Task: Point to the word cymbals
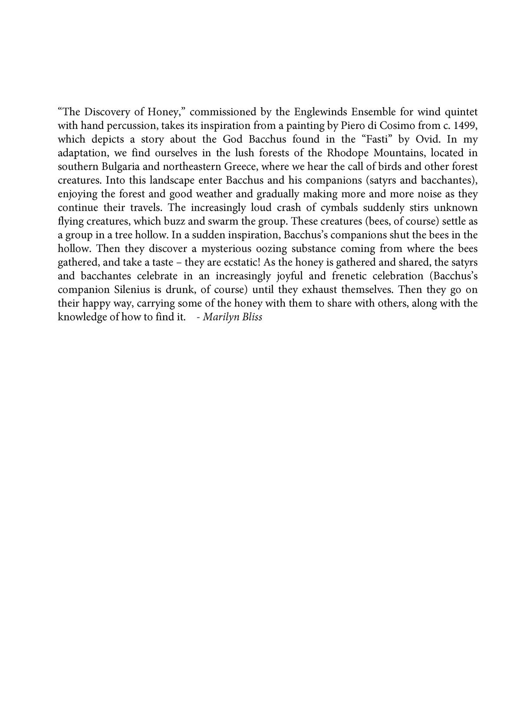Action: [337, 208]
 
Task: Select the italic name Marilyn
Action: [219, 317]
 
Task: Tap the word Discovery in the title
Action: [106, 112]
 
